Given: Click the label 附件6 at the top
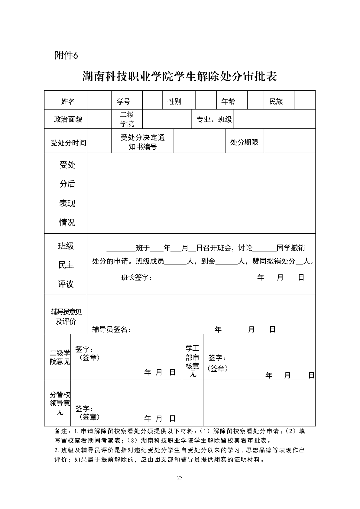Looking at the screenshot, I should point(66,55).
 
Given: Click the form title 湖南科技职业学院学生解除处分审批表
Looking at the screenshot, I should point(180,77).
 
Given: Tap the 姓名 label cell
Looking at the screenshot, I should point(68,102).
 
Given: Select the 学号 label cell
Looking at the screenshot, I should point(123,102).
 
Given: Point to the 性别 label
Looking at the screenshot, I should point(175,102).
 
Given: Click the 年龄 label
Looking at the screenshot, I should point(228,102).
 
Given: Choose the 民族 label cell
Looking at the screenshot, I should point(276,102).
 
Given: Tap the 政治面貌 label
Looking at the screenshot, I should point(68,119).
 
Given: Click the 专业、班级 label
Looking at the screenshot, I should point(214,119).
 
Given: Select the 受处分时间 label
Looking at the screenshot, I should point(68,143).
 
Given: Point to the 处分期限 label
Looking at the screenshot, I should point(244,142).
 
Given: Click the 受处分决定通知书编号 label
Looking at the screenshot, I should point(143,142).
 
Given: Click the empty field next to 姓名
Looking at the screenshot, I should point(99,100).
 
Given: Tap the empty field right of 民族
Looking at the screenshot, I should point(305,100).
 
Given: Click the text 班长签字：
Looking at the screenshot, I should point(137,277).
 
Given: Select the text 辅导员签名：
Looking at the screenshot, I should point(112,329).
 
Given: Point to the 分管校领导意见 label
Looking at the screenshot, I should point(60,403).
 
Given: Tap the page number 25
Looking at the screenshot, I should point(180,478).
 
